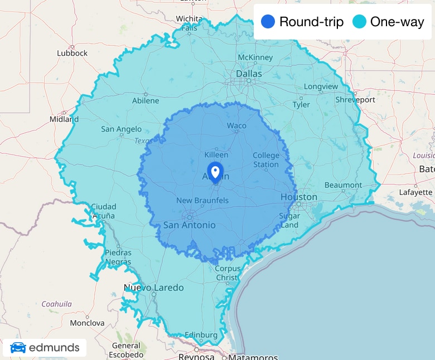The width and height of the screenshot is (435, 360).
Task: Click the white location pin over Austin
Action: [215, 170]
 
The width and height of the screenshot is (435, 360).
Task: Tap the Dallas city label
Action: [249, 74]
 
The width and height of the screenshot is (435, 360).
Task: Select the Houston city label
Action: [298, 197]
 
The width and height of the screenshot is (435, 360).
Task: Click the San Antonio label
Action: [189, 225]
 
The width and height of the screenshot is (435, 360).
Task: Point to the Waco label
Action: [236, 125]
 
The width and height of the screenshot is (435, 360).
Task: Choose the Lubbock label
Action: [72, 53]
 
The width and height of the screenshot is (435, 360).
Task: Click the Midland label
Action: [64, 119]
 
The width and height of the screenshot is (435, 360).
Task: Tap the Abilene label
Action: [146, 101]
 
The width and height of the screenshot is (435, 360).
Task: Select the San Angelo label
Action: [122, 129]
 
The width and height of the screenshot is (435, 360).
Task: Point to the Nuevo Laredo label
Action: [153, 288]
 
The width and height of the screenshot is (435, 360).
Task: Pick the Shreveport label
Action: [355, 100]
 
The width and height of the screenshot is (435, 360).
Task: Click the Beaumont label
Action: [343, 185]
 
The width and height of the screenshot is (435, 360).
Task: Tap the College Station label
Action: [265, 160]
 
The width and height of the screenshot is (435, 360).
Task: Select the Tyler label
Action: [301, 105]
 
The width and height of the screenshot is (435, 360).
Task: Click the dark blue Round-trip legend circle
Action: [268, 22]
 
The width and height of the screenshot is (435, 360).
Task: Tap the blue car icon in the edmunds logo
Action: [18, 348]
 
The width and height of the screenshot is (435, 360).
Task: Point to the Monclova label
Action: [87, 323]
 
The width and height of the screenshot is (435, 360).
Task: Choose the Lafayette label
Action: [415, 192]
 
